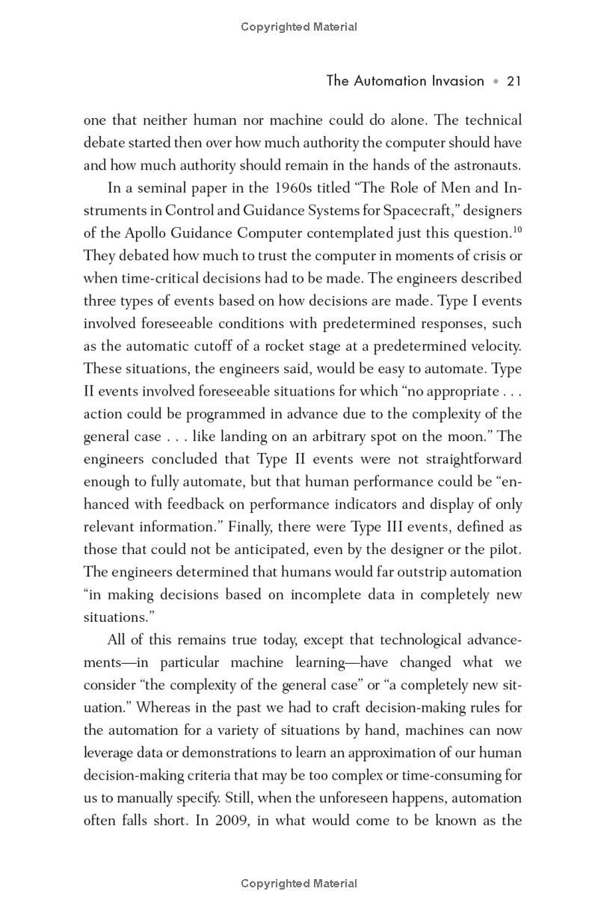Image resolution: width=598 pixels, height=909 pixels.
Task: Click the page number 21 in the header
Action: pos(514,81)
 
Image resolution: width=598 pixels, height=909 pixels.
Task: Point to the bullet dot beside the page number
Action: pos(495,81)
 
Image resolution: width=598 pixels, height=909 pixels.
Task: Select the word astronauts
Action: pos(483,165)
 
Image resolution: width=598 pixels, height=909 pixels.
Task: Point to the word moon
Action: pos(457,436)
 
